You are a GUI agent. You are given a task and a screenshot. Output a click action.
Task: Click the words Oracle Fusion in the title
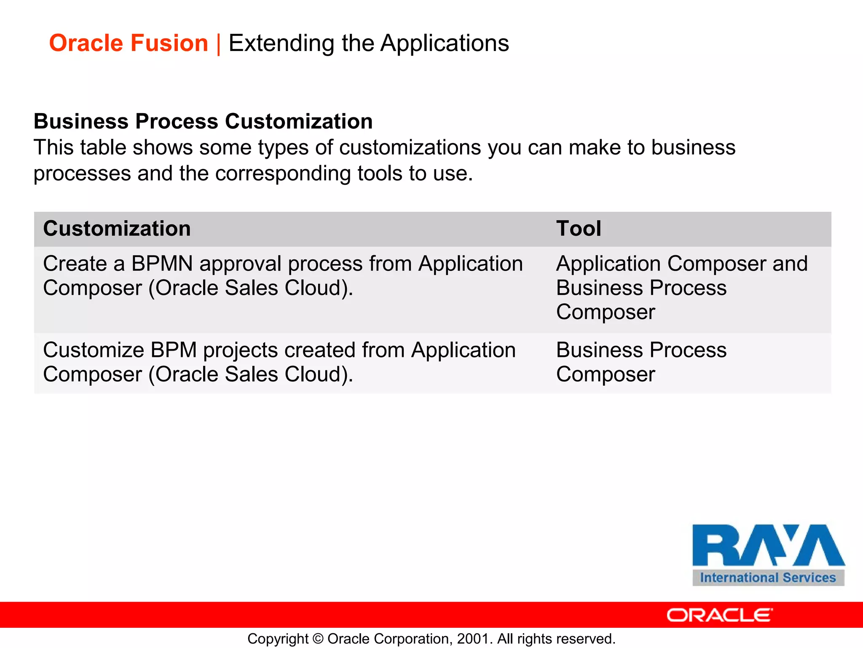129,43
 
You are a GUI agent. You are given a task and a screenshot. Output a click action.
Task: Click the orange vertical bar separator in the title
218,44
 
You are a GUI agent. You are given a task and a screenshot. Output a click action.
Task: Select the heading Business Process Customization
203,121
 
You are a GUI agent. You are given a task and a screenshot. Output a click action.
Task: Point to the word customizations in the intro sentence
410,148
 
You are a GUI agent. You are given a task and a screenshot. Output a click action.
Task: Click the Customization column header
117,229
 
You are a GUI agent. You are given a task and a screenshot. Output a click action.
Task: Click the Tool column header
578,229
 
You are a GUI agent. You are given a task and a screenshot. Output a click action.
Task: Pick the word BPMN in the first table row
162,264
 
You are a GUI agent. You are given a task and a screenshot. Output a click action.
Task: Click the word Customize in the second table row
93,350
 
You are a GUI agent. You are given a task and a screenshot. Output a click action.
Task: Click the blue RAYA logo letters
768,545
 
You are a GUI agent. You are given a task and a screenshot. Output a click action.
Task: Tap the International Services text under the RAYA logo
768,578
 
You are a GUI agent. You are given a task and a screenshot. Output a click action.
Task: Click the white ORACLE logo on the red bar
719,615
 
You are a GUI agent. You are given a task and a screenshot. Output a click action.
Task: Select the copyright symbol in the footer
318,639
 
